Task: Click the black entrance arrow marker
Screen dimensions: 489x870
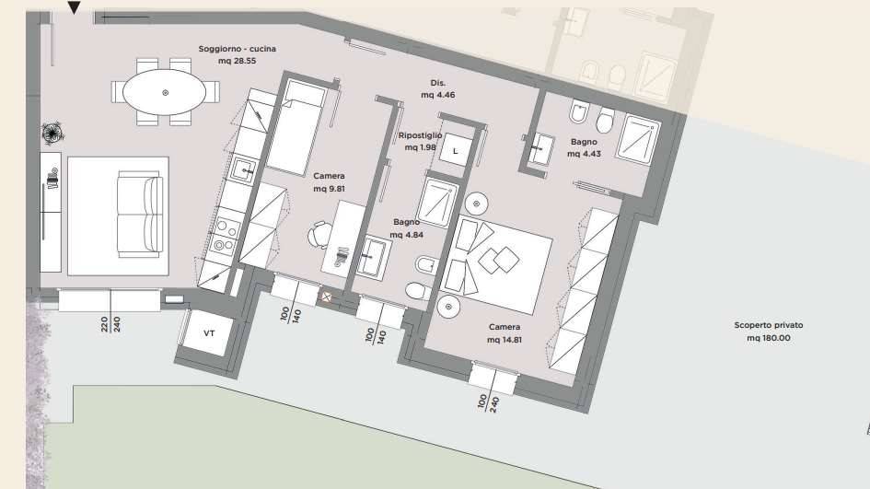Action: (x=75, y=9)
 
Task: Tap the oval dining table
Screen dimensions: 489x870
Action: (x=166, y=92)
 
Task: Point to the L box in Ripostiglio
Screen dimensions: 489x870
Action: (x=455, y=151)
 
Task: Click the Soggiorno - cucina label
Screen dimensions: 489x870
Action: (x=237, y=49)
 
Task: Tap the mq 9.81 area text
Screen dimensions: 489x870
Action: (x=329, y=190)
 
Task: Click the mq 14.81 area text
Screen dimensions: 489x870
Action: (x=504, y=340)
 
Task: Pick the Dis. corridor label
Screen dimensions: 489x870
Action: (x=438, y=82)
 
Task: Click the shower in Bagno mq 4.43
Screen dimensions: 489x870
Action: (x=648, y=142)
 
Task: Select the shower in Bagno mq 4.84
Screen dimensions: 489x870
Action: (x=438, y=201)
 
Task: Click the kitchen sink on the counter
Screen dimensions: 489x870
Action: (x=245, y=169)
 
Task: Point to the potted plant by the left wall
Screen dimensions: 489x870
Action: (x=52, y=133)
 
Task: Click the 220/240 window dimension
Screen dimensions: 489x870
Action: (x=110, y=323)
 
